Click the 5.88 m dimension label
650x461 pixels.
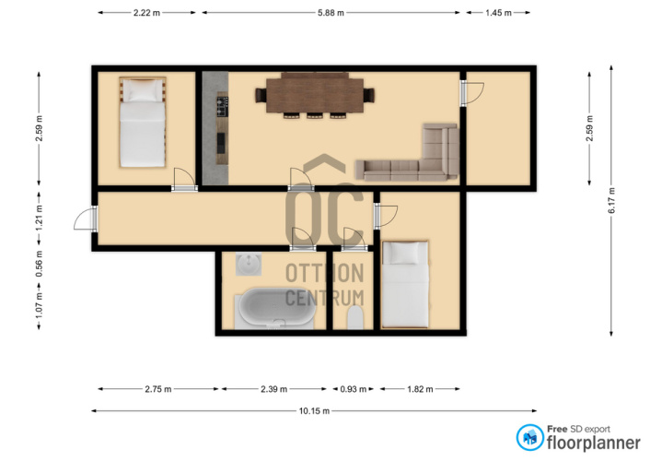pyautogui.click(x=331, y=13)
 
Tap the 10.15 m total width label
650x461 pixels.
pyautogui.click(x=314, y=410)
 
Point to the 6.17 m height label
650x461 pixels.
pyautogui.click(x=612, y=200)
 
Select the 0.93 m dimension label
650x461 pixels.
pyautogui.click(x=354, y=389)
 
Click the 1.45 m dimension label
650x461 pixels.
pyautogui.click(x=498, y=13)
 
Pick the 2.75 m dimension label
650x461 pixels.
pyautogui.click(x=158, y=389)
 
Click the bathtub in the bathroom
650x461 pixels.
pyautogui.click(x=274, y=309)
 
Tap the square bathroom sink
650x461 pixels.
pyautogui.click(x=249, y=264)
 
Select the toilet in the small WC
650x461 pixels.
pyautogui.click(x=355, y=318)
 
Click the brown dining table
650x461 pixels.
pyautogui.click(x=315, y=96)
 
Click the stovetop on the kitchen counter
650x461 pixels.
pyautogui.click(x=222, y=107)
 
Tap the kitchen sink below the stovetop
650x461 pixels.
pyautogui.click(x=221, y=143)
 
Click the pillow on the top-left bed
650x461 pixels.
pyautogui.click(x=143, y=90)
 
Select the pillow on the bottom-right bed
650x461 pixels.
pyautogui.click(x=405, y=253)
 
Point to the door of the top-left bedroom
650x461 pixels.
pyautogui.click(x=184, y=180)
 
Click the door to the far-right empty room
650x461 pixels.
pyautogui.click(x=472, y=94)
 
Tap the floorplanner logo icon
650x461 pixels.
pyautogui.click(x=529, y=437)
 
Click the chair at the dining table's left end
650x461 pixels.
pyautogui.click(x=261, y=95)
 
